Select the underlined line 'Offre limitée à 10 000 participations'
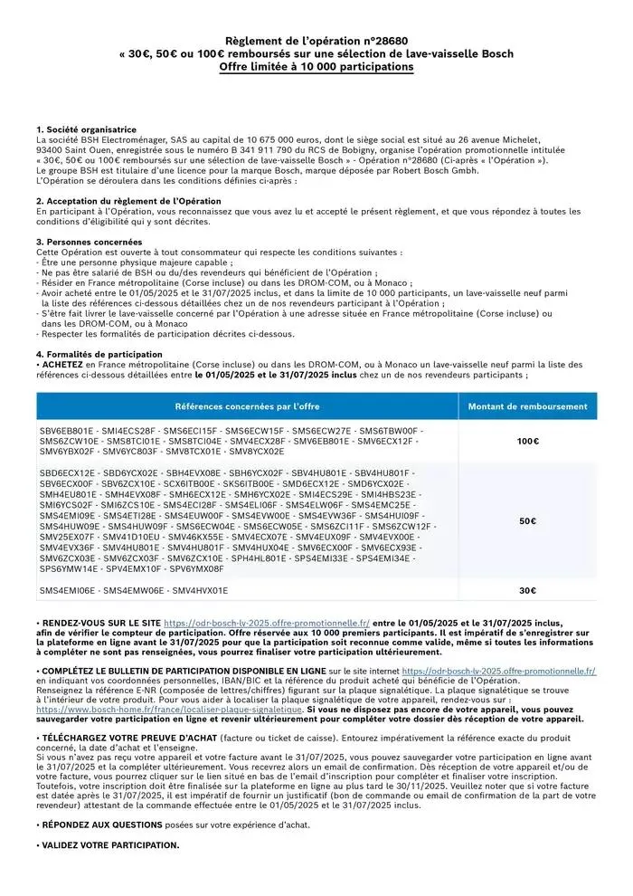point(316,67)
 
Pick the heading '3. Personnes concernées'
point(89,242)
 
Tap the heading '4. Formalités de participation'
point(99,354)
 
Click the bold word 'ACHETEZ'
point(63,364)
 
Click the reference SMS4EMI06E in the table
point(67,590)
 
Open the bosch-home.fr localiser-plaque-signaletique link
point(169,710)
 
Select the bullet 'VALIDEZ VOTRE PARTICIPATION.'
point(109,845)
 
